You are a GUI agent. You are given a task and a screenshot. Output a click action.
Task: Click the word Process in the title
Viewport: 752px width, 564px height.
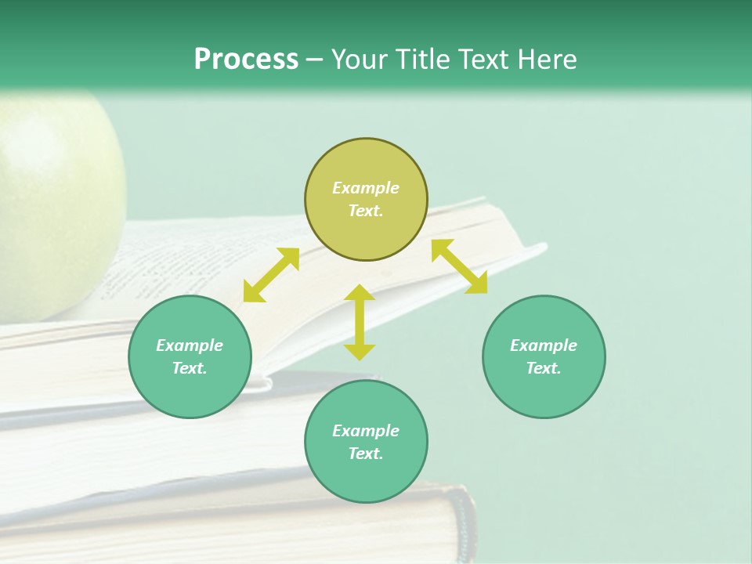[246, 59]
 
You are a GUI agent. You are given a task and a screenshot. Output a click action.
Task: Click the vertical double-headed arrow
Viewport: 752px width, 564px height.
[360, 323]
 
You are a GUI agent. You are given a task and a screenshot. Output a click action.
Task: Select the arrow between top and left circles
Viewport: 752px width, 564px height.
[271, 275]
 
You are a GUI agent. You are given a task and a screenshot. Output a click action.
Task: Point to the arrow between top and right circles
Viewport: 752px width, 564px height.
[460, 266]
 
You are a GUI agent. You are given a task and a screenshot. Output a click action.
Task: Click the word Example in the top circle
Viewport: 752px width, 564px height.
[366, 188]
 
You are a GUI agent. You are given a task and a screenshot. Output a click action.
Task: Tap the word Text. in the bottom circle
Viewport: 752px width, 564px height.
[366, 454]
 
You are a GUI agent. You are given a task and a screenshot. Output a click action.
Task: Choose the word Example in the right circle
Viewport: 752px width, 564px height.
[544, 345]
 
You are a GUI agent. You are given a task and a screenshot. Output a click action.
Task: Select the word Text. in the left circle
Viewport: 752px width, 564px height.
[190, 368]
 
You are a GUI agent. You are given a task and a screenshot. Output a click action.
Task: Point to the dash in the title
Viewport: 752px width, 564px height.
[315, 60]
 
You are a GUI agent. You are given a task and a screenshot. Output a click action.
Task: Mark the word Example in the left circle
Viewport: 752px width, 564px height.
[190, 345]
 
